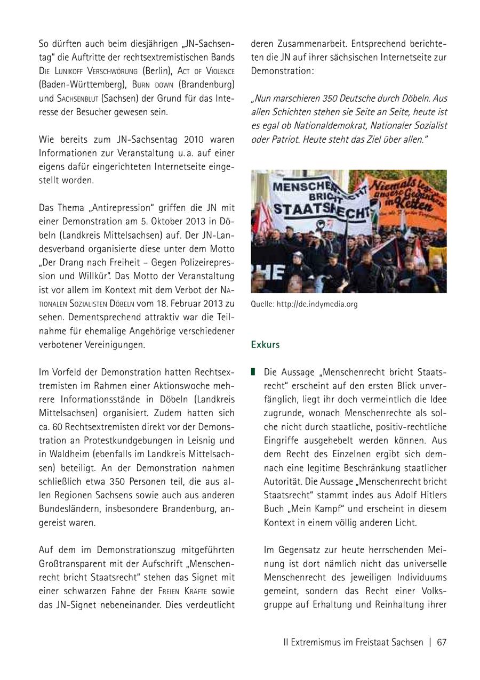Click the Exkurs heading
[x=265, y=344]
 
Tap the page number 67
[x=442, y=642]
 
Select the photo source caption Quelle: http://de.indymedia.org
[x=304, y=304]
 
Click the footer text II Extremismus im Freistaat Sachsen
[x=353, y=642]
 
